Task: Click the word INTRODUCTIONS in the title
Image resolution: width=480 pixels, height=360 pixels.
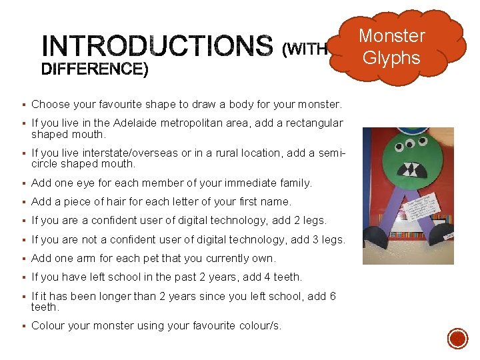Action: click(x=157, y=46)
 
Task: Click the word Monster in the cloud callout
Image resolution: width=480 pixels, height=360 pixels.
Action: click(x=392, y=36)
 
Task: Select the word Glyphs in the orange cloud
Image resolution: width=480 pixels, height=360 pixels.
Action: click(x=392, y=57)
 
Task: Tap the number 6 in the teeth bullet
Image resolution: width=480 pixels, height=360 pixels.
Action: click(x=332, y=296)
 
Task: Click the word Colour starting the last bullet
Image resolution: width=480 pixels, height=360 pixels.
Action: click(x=47, y=326)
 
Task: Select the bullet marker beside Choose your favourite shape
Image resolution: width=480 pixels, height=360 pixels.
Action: click(x=23, y=105)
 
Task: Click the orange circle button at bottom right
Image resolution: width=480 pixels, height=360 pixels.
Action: click(x=457, y=339)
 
